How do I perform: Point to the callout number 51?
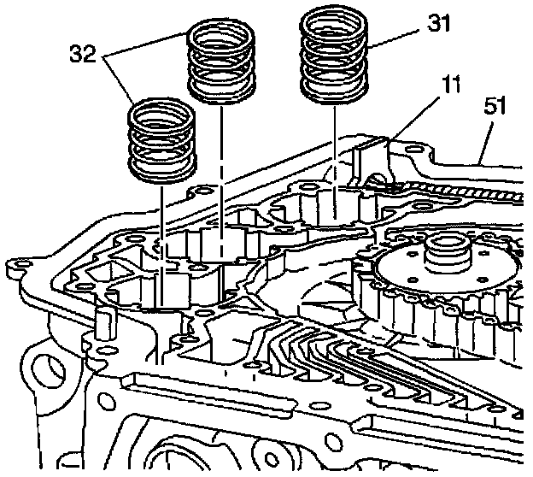click(x=495, y=107)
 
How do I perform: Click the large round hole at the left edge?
click(x=41, y=368)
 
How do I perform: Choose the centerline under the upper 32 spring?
click(x=221, y=171)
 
